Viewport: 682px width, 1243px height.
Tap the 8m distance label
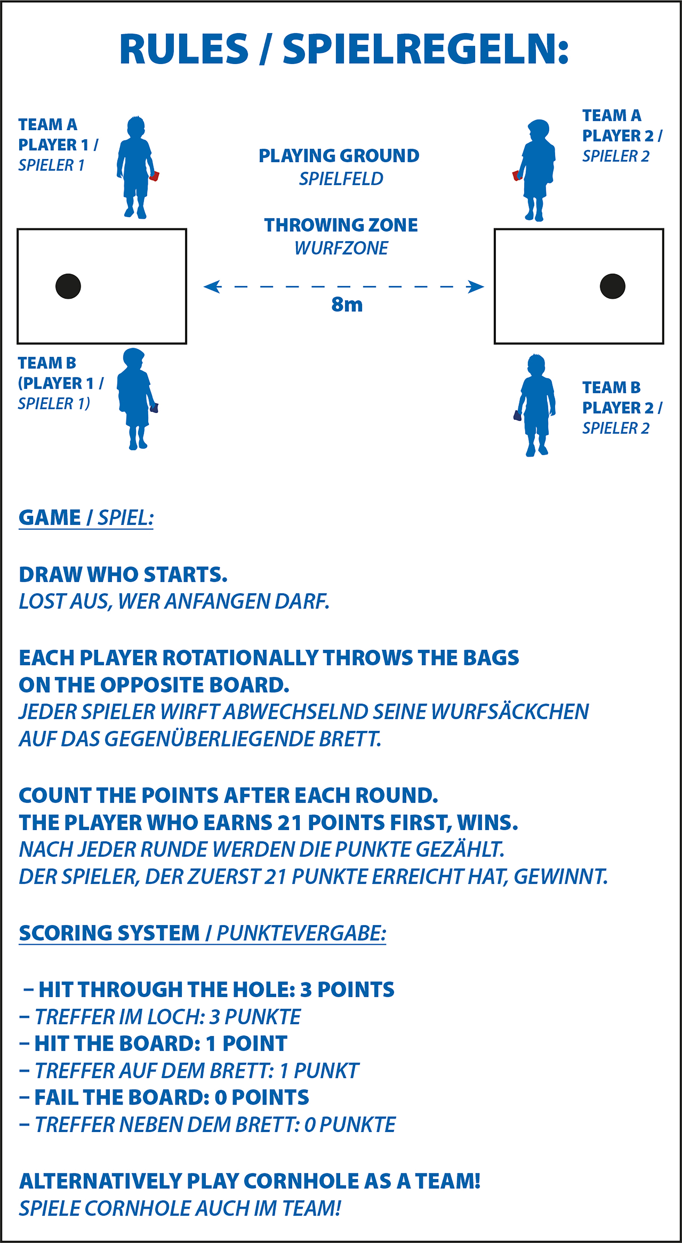click(347, 304)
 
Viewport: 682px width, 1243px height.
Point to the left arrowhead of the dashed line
click(212, 287)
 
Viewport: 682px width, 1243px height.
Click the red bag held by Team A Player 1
click(154, 176)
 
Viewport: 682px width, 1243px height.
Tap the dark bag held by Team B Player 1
click(154, 408)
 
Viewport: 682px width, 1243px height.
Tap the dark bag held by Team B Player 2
click(518, 415)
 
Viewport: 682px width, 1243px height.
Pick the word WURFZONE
click(341, 248)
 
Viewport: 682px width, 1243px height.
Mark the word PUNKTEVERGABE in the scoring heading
click(301, 933)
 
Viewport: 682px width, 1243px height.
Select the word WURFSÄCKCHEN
click(510, 712)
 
